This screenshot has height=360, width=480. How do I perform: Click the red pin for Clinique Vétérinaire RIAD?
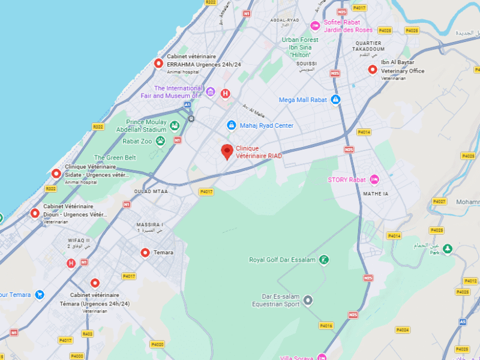pyautogui.click(x=227, y=151)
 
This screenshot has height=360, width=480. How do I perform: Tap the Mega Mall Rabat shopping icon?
pyautogui.click(x=336, y=100)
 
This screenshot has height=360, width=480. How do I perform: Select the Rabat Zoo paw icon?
pyautogui.click(x=160, y=141)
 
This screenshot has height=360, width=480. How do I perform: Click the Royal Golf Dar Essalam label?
pyautogui.click(x=282, y=260)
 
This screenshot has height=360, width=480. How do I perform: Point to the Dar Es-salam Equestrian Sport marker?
pyautogui.click(x=308, y=300)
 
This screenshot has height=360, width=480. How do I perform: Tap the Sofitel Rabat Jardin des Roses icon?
pyautogui.click(x=315, y=26)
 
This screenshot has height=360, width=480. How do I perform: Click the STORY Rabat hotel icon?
pyautogui.click(x=374, y=179)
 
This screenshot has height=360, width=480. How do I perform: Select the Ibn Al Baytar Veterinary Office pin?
pyautogui.click(x=372, y=70)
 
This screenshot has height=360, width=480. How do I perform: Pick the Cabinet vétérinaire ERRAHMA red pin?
pyautogui.click(x=158, y=63)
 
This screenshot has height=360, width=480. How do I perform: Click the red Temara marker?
pyautogui.click(x=145, y=253)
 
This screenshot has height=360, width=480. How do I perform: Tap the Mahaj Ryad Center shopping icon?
pyautogui.click(x=231, y=125)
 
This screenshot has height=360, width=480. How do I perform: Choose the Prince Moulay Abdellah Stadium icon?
pyautogui.click(x=175, y=125)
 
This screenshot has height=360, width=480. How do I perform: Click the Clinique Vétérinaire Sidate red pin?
pyautogui.click(x=56, y=173)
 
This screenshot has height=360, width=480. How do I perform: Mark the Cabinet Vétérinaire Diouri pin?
pyautogui.click(x=35, y=213)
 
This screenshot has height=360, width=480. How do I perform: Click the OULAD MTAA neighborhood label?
pyautogui.click(x=151, y=191)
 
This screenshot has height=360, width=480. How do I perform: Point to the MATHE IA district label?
pyautogui.click(x=376, y=194)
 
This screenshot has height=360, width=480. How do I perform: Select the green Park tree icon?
pyautogui.click(x=447, y=248)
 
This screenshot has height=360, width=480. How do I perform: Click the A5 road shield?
pyautogui.click(x=462, y=322)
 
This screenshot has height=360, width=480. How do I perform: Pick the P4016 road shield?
pyautogui.click(x=326, y=326)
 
